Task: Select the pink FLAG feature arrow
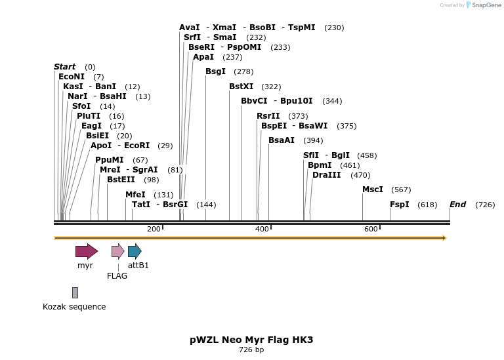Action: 117,251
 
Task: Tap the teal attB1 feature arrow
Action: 135,251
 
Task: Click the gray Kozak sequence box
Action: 75,292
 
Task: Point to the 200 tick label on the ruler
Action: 154,229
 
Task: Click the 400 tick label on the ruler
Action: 262,229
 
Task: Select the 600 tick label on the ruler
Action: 371,229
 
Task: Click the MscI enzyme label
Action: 373,190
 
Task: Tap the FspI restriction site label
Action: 400,205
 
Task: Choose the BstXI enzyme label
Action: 241,87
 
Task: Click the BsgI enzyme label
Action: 215,71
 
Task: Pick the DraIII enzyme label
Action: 326,175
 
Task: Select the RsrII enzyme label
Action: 268,116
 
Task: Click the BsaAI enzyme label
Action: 282,140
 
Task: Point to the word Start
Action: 65,67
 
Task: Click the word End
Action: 457,205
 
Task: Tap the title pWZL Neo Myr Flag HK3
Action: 251,340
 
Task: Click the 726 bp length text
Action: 251,350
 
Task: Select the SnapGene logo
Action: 482,5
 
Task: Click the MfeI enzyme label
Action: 135,195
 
